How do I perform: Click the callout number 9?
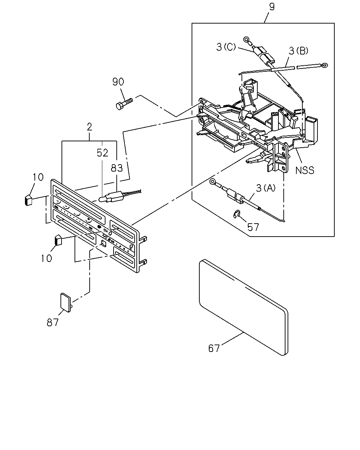271,7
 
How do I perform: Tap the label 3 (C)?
226,47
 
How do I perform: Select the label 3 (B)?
298,51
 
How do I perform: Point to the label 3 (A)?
266,188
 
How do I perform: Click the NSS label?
304,171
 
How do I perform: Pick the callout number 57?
253,227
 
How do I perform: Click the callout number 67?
214,348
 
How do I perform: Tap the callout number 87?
52,322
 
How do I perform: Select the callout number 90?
118,82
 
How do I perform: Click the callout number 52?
102,153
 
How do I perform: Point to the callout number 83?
117,168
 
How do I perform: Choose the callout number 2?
89,127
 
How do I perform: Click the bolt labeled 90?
124,104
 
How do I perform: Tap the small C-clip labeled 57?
236,214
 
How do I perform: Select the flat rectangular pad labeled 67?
244,307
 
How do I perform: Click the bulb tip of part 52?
101,199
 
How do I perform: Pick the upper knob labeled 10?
28,200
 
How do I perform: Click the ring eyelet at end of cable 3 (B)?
325,65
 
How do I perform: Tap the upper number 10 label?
38,177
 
